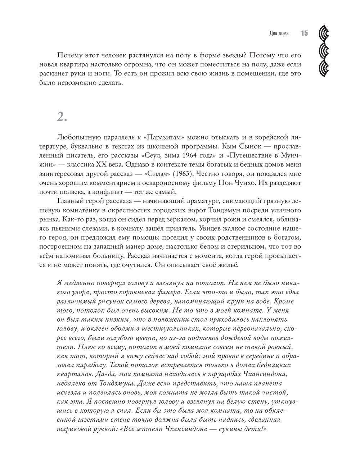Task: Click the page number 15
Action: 304,33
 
